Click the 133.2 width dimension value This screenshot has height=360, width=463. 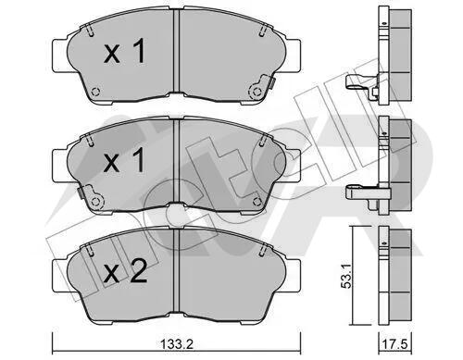[x=177, y=343]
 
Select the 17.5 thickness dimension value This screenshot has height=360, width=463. [x=396, y=343]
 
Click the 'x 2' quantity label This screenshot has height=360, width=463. [x=125, y=273]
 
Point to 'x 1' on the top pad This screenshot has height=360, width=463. [x=124, y=53]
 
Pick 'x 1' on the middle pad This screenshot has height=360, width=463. [x=124, y=160]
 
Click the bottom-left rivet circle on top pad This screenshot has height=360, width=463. [x=96, y=92]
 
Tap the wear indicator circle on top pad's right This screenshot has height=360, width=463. [x=257, y=92]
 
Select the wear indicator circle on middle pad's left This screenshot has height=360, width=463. [x=96, y=201]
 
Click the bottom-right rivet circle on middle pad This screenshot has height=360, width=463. [x=257, y=201]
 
